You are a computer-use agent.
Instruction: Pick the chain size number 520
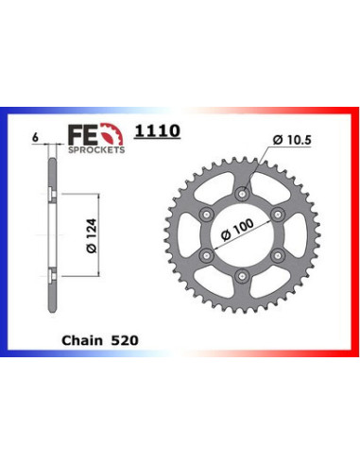(x=127, y=336)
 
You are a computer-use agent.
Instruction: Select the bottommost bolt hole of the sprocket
(x=244, y=276)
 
